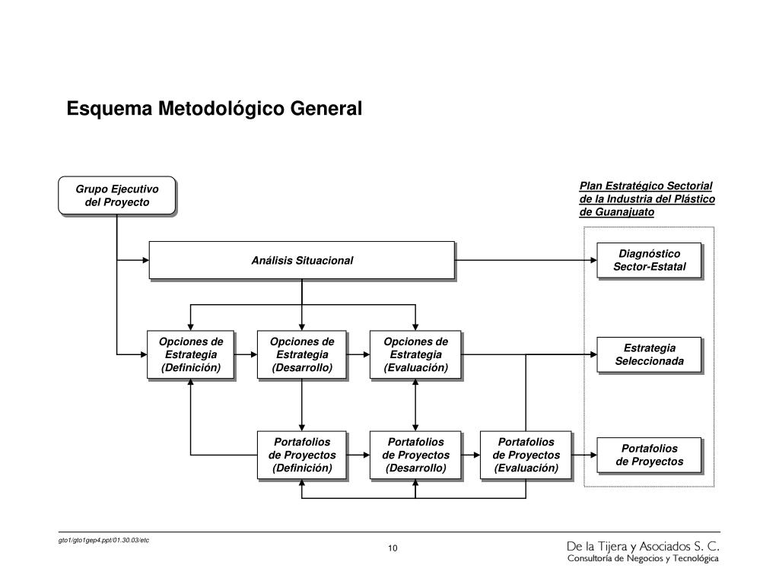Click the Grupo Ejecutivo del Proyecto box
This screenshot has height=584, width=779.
click(x=117, y=195)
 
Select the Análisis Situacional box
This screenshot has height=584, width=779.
click(x=302, y=261)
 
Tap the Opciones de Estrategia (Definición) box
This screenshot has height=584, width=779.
click(x=191, y=355)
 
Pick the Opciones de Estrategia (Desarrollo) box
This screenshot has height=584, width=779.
click(x=302, y=355)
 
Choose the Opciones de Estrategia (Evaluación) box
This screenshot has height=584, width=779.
click(x=416, y=355)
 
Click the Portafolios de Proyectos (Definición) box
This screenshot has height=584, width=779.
click(x=302, y=455)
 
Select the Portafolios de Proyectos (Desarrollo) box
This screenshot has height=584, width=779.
click(x=416, y=455)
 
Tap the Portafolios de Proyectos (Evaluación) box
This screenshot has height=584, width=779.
click(x=526, y=455)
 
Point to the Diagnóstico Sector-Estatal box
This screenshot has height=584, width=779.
click(x=650, y=261)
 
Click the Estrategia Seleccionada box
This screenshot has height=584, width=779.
click(x=650, y=355)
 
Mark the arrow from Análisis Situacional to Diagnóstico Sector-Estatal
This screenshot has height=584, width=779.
click(x=526, y=260)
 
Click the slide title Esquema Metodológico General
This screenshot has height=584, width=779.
click(x=214, y=109)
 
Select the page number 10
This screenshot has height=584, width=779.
click(x=393, y=548)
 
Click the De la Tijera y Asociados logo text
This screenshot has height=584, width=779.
click(x=643, y=547)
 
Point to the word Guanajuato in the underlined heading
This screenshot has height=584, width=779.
click(x=625, y=212)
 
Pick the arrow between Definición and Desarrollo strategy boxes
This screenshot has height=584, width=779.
click(x=246, y=354)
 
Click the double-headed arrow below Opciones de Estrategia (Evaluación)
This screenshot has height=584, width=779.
click(x=415, y=405)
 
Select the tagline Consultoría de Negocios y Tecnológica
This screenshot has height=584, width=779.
click(x=643, y=559)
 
